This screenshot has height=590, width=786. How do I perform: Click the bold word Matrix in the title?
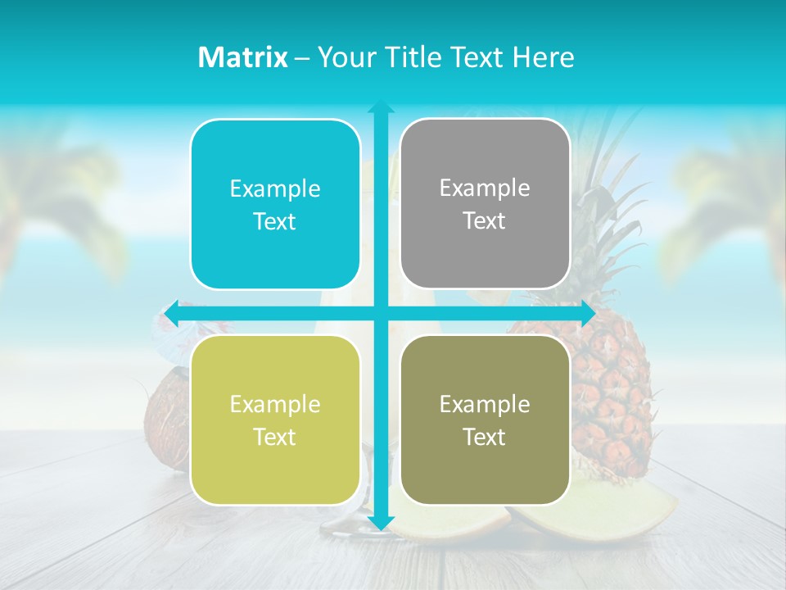[242, 57]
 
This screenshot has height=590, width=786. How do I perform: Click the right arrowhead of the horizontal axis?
[587, 313]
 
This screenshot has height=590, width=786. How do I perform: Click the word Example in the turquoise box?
[275, 189]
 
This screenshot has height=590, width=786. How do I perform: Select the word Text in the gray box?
[485, 221]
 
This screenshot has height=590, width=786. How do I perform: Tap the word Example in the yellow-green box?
[275, 404]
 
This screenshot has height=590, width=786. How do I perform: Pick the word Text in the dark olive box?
[485, 437]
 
